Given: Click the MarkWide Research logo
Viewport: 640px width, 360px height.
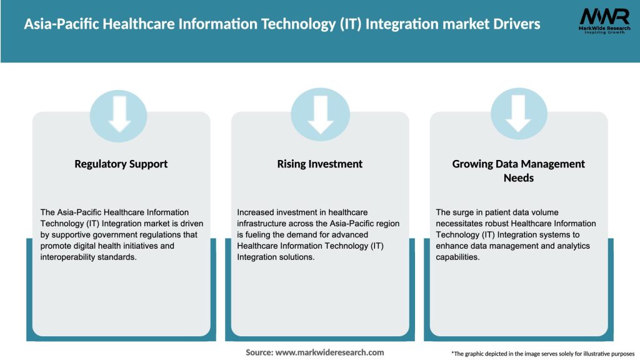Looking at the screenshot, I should click(604, 22).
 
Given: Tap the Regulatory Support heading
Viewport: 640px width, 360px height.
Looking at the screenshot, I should click(121, 164).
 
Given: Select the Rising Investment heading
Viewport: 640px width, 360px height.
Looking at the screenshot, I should click(320, 164).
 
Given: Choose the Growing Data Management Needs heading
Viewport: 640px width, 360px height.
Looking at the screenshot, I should click(518, 170).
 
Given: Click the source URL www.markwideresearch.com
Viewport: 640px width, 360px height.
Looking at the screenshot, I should click(329, 352).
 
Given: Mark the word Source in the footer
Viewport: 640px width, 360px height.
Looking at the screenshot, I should click(258, 352).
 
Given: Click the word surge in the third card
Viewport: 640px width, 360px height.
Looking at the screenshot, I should click(461, 212).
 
